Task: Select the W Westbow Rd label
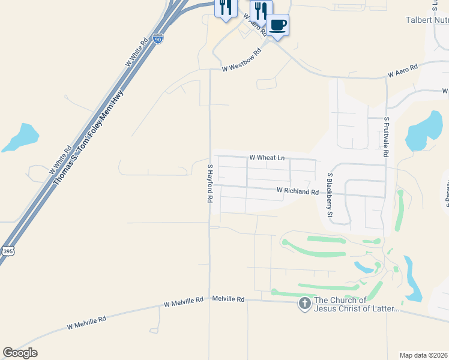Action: tap(242, 60)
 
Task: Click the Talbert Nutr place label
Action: tap(426, 20)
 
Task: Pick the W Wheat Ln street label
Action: tap(267, 158)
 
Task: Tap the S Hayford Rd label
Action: tap(210, 183)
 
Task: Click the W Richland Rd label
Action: tap(298, 191)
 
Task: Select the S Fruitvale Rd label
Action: tap(387, 137)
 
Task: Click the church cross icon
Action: tap(305, 304)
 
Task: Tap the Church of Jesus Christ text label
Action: tap(357, 305)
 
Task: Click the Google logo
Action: tap(20, 353)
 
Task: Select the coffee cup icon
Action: tap(277, 25)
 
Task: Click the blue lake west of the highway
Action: tap(21, 137)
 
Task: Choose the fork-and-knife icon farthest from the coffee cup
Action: tap(226, 7)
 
